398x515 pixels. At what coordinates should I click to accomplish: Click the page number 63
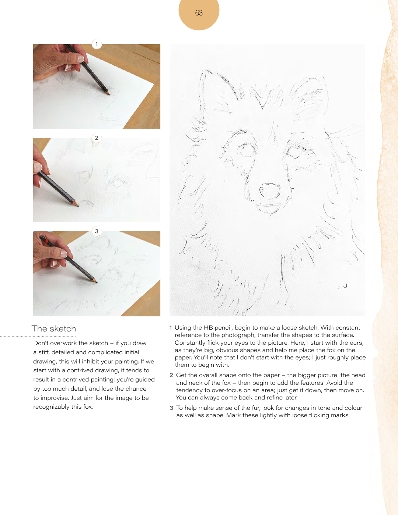199,13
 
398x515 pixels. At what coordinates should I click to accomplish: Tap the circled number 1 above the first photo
97,44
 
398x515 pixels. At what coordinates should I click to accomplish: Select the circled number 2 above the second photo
97,138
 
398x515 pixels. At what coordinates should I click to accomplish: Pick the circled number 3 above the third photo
97,231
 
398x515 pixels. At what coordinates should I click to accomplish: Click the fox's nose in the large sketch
270,191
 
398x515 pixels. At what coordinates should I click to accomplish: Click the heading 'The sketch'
54,328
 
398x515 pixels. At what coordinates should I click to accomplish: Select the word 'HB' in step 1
209,327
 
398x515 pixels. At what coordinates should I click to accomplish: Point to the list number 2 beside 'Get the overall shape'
171,375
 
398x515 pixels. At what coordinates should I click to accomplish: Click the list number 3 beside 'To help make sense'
171,408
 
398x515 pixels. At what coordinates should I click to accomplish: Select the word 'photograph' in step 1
238,335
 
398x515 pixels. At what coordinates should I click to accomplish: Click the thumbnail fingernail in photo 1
81,58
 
